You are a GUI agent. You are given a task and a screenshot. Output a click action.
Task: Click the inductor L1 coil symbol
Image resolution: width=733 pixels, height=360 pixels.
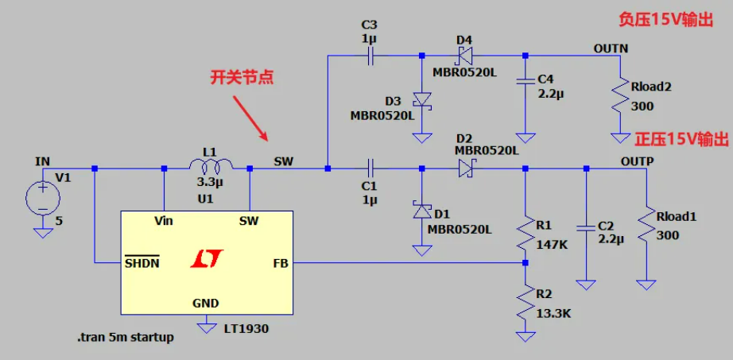pyautogui.click(x=211, y=165)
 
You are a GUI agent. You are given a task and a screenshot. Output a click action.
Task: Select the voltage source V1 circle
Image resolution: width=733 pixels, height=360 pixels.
pyautogui.click(x=41, y=197)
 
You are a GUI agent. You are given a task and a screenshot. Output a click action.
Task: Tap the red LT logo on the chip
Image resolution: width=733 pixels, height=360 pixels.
pyautogui.click(x=207, y=258)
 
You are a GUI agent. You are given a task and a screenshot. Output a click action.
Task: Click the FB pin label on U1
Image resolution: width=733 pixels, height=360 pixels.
pyautogui.click(x=280, y=261)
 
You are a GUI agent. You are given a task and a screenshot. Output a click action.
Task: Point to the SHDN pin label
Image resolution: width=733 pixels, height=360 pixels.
pyautogui.click(x=142, y=262)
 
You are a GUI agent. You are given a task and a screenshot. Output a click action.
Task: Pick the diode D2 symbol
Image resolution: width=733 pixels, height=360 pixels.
pyautogui.click(x=464, y=168)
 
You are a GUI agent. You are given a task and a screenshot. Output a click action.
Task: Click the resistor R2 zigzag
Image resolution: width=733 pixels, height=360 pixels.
pyautogui.click(x=525, y=302)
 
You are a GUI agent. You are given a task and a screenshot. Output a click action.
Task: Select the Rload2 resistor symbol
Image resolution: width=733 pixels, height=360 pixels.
pyautogui.click(x=619, y=97)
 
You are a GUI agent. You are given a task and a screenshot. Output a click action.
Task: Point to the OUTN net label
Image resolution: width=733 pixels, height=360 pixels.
pyautogui.click(x=611, y=48)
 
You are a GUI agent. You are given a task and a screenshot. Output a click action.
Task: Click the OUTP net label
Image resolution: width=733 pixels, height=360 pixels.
pyautogui.click(x=636, y=161)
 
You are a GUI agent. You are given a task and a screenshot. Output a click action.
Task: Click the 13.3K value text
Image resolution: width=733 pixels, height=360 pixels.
pyautogui.click(x=553, y=313)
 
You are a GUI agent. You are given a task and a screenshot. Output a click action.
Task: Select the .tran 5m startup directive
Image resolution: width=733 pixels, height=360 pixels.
pyautogui.click(x=126, y=337)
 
